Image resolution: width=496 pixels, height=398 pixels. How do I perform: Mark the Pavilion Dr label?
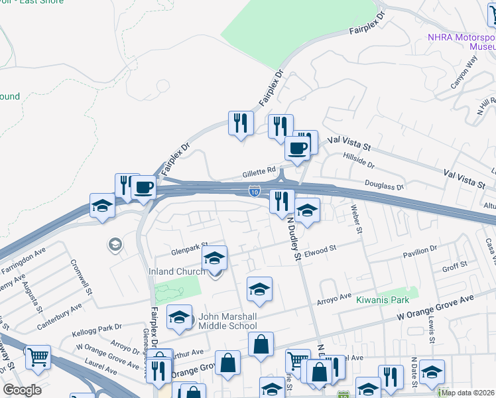[x=420, y=249]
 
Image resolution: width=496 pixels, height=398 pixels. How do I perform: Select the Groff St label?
[x=455, y=265]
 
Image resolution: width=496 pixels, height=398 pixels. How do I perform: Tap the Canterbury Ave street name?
[x=59, y=310]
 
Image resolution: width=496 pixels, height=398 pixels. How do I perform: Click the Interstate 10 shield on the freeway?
[x=255, y=191]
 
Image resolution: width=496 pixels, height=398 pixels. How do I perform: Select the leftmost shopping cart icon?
[x=38, y=358]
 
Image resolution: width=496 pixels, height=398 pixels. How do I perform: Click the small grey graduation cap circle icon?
[x=115, y=245]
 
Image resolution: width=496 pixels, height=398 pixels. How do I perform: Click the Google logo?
[x=22, y=389]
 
